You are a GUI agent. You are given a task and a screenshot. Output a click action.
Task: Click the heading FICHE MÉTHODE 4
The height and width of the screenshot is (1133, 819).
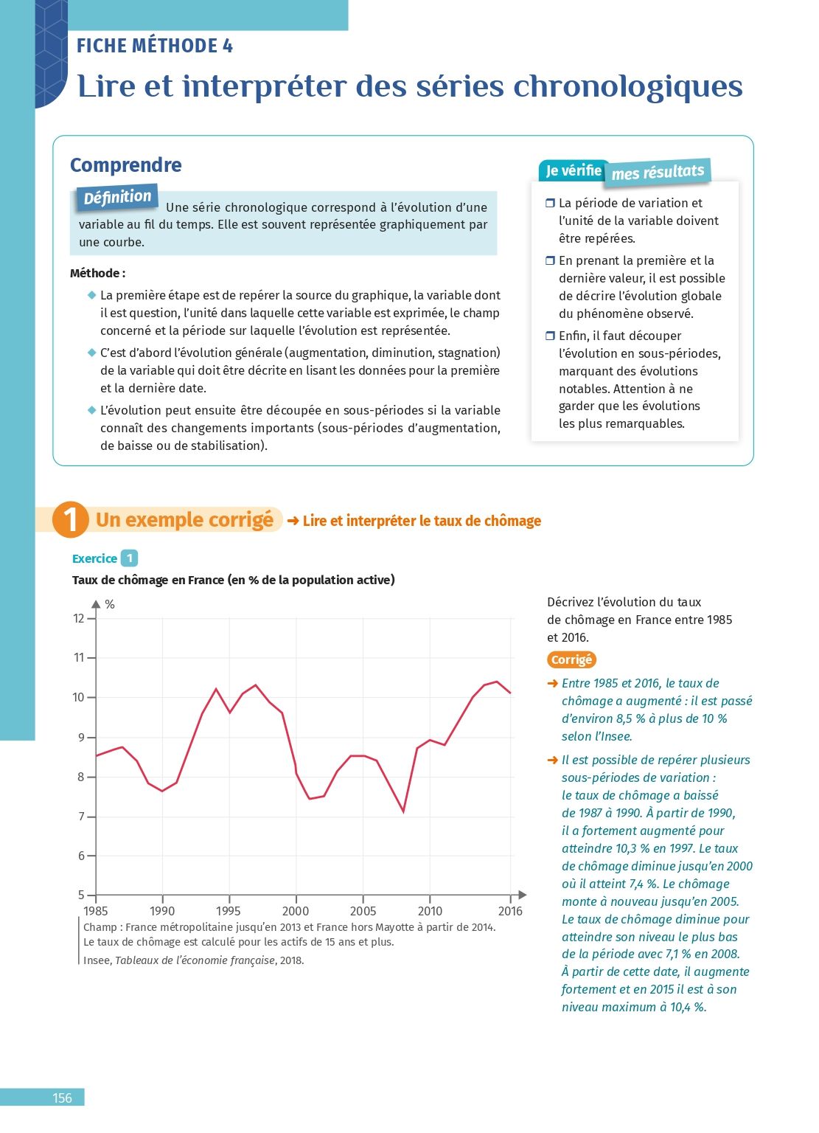tap(155, 46)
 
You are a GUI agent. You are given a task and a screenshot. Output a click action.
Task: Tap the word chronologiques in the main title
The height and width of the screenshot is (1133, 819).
tap(627, 86)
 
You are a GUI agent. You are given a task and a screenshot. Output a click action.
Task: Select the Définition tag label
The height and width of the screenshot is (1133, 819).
tap(117, 198)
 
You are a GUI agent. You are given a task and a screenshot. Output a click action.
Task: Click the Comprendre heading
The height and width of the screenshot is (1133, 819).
tap(126, 165)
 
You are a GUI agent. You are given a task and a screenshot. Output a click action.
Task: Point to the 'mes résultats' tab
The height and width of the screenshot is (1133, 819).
tap(658, 172)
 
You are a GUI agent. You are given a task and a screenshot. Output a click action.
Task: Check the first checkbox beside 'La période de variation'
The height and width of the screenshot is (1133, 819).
tap(550, 203)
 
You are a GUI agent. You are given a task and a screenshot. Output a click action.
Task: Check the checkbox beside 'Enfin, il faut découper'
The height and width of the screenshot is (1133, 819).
tap(550, 336)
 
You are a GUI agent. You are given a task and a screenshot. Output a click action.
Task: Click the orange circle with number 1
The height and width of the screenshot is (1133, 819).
tap(71, 519)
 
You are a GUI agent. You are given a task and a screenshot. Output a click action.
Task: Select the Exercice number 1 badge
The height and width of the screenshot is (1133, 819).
tap(130, 558)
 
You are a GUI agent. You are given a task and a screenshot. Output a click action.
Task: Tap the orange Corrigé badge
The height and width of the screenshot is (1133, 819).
tap(571, 659)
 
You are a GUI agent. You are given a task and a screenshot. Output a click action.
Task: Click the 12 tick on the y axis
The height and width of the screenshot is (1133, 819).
tap(79, 618)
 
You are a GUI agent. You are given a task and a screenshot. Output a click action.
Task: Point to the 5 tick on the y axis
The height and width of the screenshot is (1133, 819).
tap(81, 895)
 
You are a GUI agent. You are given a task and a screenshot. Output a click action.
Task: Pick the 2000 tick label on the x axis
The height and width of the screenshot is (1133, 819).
tap(296, 911)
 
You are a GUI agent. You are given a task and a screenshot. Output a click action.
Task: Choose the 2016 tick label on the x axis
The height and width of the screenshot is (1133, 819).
tap(510, 911)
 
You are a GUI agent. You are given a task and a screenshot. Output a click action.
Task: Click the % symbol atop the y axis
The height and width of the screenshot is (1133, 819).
tap(110, 605)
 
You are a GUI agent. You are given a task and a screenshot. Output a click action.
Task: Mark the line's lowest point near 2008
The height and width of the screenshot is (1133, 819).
tap(403, 811)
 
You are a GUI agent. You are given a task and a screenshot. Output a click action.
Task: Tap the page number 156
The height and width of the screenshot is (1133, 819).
tap(62, 1098)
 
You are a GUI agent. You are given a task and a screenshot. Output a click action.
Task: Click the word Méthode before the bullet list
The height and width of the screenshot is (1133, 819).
tap(95, 273)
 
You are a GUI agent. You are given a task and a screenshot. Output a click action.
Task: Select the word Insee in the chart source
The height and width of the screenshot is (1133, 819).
tap(97, 960)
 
